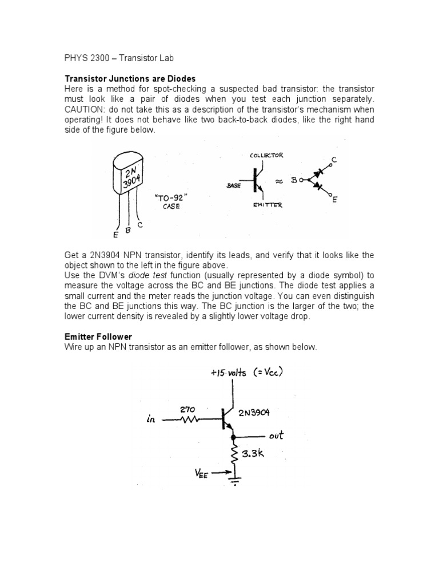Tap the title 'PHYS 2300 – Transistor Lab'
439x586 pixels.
[x=117, y=59]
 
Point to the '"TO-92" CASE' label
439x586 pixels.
[x=171, y=202]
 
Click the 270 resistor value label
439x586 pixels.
[x=188, y=410]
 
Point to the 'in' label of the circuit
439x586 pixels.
[x=150, y=421]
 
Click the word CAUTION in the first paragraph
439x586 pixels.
[x=84, y=109]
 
